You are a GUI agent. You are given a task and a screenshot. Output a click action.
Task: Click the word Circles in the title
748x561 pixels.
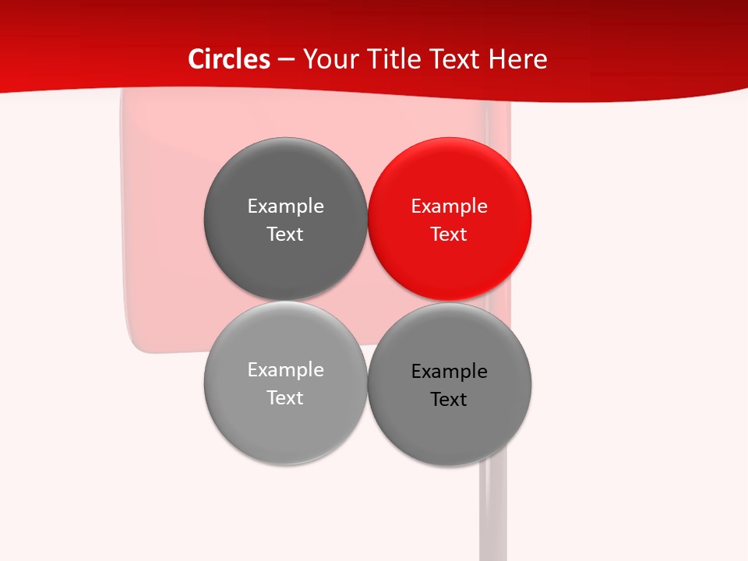pyautogui.click(x=229, y=59)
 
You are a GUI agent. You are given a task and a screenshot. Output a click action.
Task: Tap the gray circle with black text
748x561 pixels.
pyautogui.click(x=450, y=429)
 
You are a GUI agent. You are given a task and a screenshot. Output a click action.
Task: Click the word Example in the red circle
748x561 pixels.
pyautogui.click(x=450, y=206)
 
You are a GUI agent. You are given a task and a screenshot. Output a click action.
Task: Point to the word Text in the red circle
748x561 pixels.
pyautogui.click(x=450, y=235)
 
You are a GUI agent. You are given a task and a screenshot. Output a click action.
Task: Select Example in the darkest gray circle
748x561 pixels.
pyautogui.click(x=285, y=206)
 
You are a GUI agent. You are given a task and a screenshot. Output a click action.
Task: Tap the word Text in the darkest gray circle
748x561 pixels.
pyautogui.click(x=285, y=235)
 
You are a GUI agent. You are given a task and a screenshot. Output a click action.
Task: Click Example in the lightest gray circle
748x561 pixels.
pyautogui.click(x=285, y=370)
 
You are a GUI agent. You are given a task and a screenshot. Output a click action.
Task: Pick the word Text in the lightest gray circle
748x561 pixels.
pyautogui.click(x=285, y=398)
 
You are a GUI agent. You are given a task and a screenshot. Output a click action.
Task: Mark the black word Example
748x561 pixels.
pyautogui.click(x=450, y=372)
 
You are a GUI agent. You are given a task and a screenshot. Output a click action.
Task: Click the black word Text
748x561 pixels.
pyautogui.click(x=450, y=400)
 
